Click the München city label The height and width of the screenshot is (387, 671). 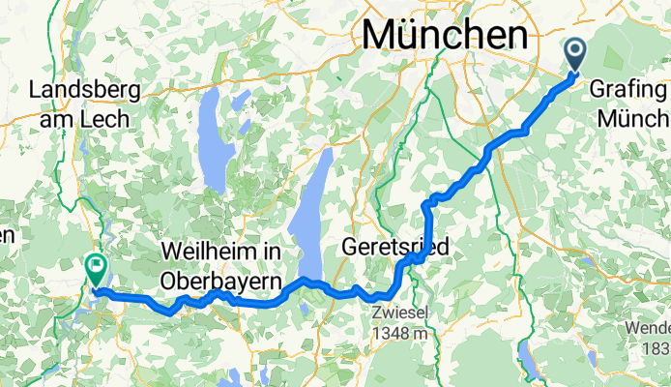[x=446, y=36]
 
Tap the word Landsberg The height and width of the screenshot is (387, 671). [x=85, y=91]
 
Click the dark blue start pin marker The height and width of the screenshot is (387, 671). [x=574, y=52]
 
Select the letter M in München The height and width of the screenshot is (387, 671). [x=378, y=36]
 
